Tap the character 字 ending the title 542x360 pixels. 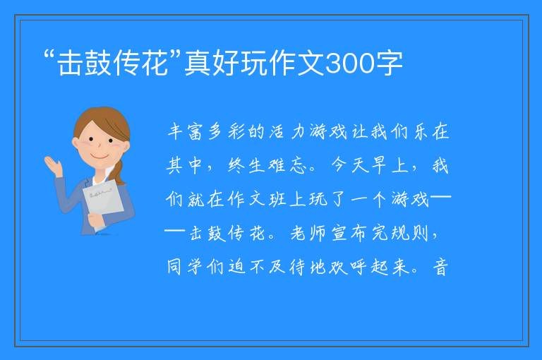click(x=390, y=63)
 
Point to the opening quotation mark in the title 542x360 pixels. click(x=50, y=54)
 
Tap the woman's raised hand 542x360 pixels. click(x=54, y=166)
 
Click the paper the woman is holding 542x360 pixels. click(x=102, y=202)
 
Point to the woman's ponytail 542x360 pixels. click(x=119, y=172)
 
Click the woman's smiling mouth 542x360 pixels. click(x=100, y=157)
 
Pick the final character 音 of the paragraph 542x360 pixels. click(x=440, y=268)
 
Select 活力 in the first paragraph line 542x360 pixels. click(x=288, y=132)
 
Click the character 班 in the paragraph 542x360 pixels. click(x=277, y=200)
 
